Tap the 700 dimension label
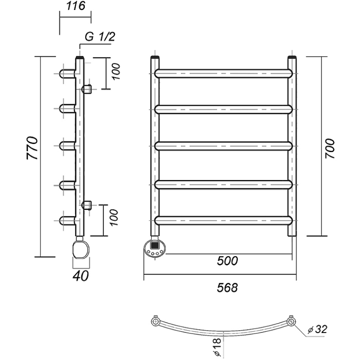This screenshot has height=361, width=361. [330, 148]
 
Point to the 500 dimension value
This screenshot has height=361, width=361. [227, 261]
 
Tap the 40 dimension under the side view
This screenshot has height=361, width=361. [81, 276]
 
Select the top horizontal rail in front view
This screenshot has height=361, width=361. [223, 73]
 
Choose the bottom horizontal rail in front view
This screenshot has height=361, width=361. [223, 221]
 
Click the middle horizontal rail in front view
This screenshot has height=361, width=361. [223, 147]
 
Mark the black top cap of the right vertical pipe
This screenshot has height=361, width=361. [292, 58]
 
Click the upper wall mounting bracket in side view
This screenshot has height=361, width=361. [87, 89]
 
